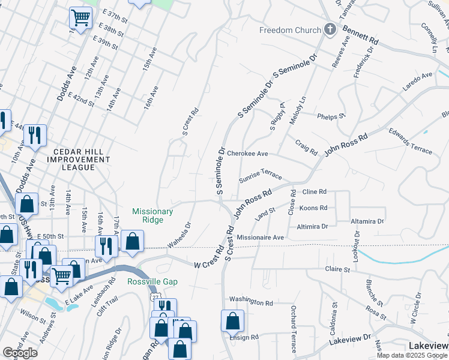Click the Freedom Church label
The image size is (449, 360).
click(x=288, y=30)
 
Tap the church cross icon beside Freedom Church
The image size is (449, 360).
click(x=329, y=29)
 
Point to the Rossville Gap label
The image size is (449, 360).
click(x=150, y=281)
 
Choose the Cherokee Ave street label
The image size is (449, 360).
click(x=247, y=154)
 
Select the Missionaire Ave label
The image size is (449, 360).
click(x=260, y=238)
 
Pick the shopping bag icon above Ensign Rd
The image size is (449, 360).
click(x=232, y=321)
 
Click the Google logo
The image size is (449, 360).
click(x=20, y=352)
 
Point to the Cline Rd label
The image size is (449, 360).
click(x=314, y=191)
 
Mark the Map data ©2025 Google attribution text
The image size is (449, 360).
click(x=412, y=355)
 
